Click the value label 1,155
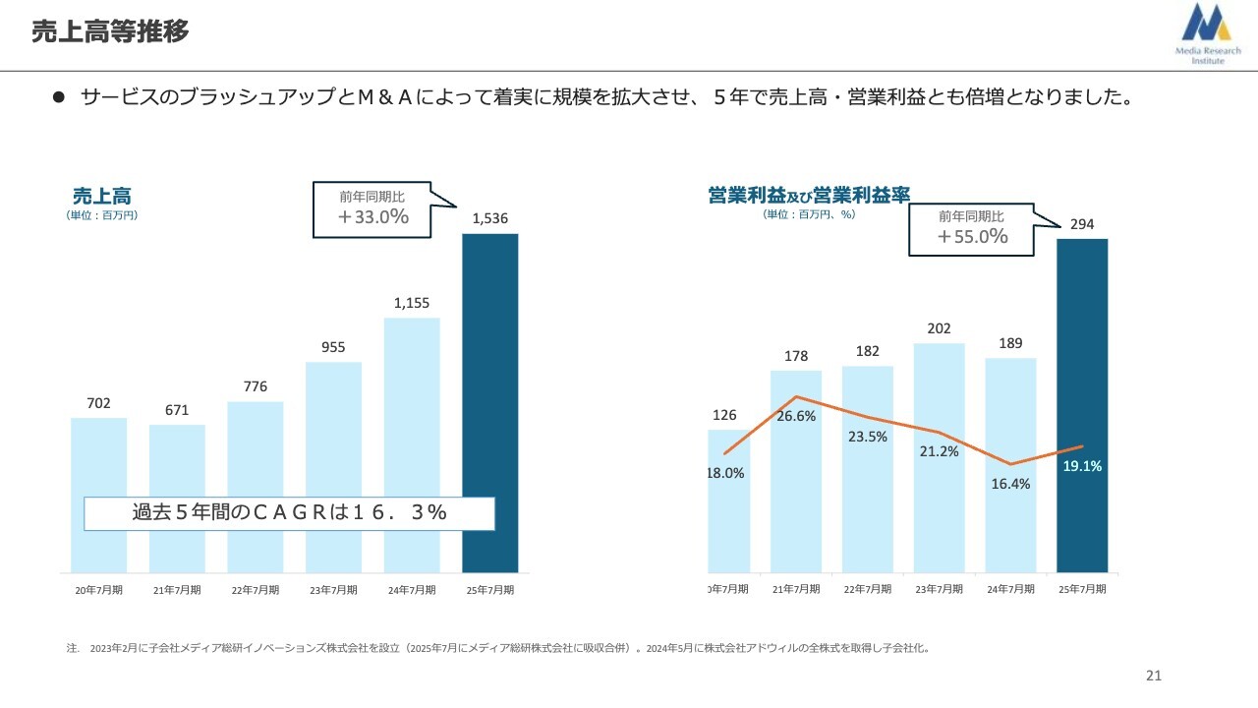click(x=412, y=304)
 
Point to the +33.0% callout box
click(x=373, y=209)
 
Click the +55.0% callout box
click(x=972, y=228)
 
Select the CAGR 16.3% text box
click(x=289, y=512)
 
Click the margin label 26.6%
click(x=796, y=416)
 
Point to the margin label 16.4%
click(x=1011, y=484)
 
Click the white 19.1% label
click(x=1082, y=467)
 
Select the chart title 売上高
click(x=101, y=195)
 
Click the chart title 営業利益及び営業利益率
click(x=808, y=195)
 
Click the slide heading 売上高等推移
click(x=109, y=31)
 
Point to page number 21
click(x=1154, y=676)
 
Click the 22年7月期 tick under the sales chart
click(x=255, y=590)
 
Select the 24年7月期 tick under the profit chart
click(x=1010, y=589)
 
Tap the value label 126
click(x=723, y=415)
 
